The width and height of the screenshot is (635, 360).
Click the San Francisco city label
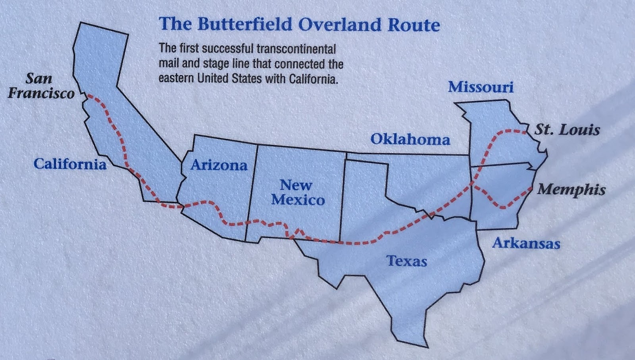[x=41, y=86]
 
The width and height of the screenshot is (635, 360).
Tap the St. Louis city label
[x=567, y=130]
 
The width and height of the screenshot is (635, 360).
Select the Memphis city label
[x=571, y=190]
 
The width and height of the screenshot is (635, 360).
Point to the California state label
[x=70, y=164]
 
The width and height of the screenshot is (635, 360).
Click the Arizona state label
[x=219, y=165]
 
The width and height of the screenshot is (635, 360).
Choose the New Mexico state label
[x=298, y=192]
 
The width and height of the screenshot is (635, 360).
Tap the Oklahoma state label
[x=410, y=139]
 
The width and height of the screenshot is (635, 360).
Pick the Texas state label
[x=406, y=261]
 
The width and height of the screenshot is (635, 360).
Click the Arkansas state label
[x=526, y=243]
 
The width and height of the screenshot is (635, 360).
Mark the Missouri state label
[x=481, y=87]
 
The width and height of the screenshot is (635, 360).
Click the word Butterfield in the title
[x=245, y=25]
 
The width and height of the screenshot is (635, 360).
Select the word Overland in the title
[x=340, y=25]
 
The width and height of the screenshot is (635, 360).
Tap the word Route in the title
[x=414, y=25]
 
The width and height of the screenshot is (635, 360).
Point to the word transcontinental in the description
[x=296, y=49]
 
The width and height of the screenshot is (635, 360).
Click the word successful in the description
[x=227, y=49]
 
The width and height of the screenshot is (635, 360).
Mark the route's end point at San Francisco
[x=88, y=96]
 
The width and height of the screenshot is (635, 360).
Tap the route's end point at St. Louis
[x=524, y=130]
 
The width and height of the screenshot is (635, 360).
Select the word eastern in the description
[x=176, y=78]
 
